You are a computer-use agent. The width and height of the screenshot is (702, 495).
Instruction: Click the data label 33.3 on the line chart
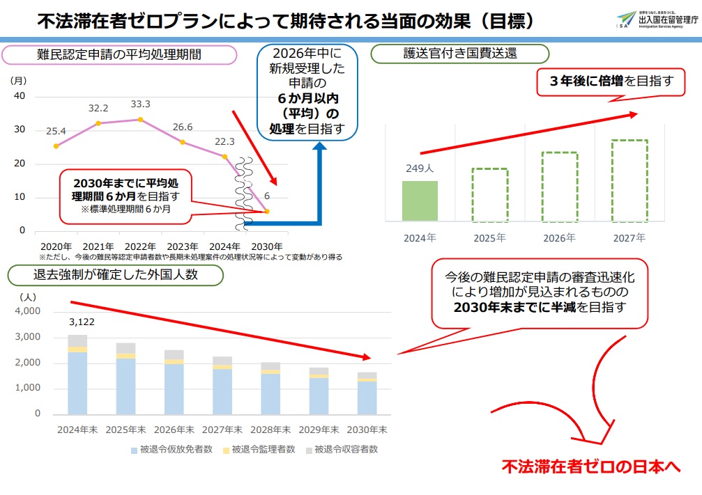[x=141, y=105]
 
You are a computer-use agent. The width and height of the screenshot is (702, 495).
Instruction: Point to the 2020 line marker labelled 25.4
[x=56, y=146]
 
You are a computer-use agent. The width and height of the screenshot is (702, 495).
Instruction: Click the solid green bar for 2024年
[x=420, y=201]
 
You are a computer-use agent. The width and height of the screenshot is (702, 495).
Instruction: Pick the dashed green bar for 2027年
[x=629, y=180]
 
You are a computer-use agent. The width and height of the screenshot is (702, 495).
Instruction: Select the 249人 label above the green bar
[x=420, y=168]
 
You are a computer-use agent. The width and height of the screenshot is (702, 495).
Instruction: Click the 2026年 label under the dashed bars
[x=559, y=238]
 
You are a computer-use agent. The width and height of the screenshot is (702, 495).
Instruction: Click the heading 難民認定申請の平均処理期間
[x=119, y=54]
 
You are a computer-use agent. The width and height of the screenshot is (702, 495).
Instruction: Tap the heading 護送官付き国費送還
[x=460, y=54]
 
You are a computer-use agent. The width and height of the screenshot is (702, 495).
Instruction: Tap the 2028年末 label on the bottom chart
[x=270, y=429]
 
